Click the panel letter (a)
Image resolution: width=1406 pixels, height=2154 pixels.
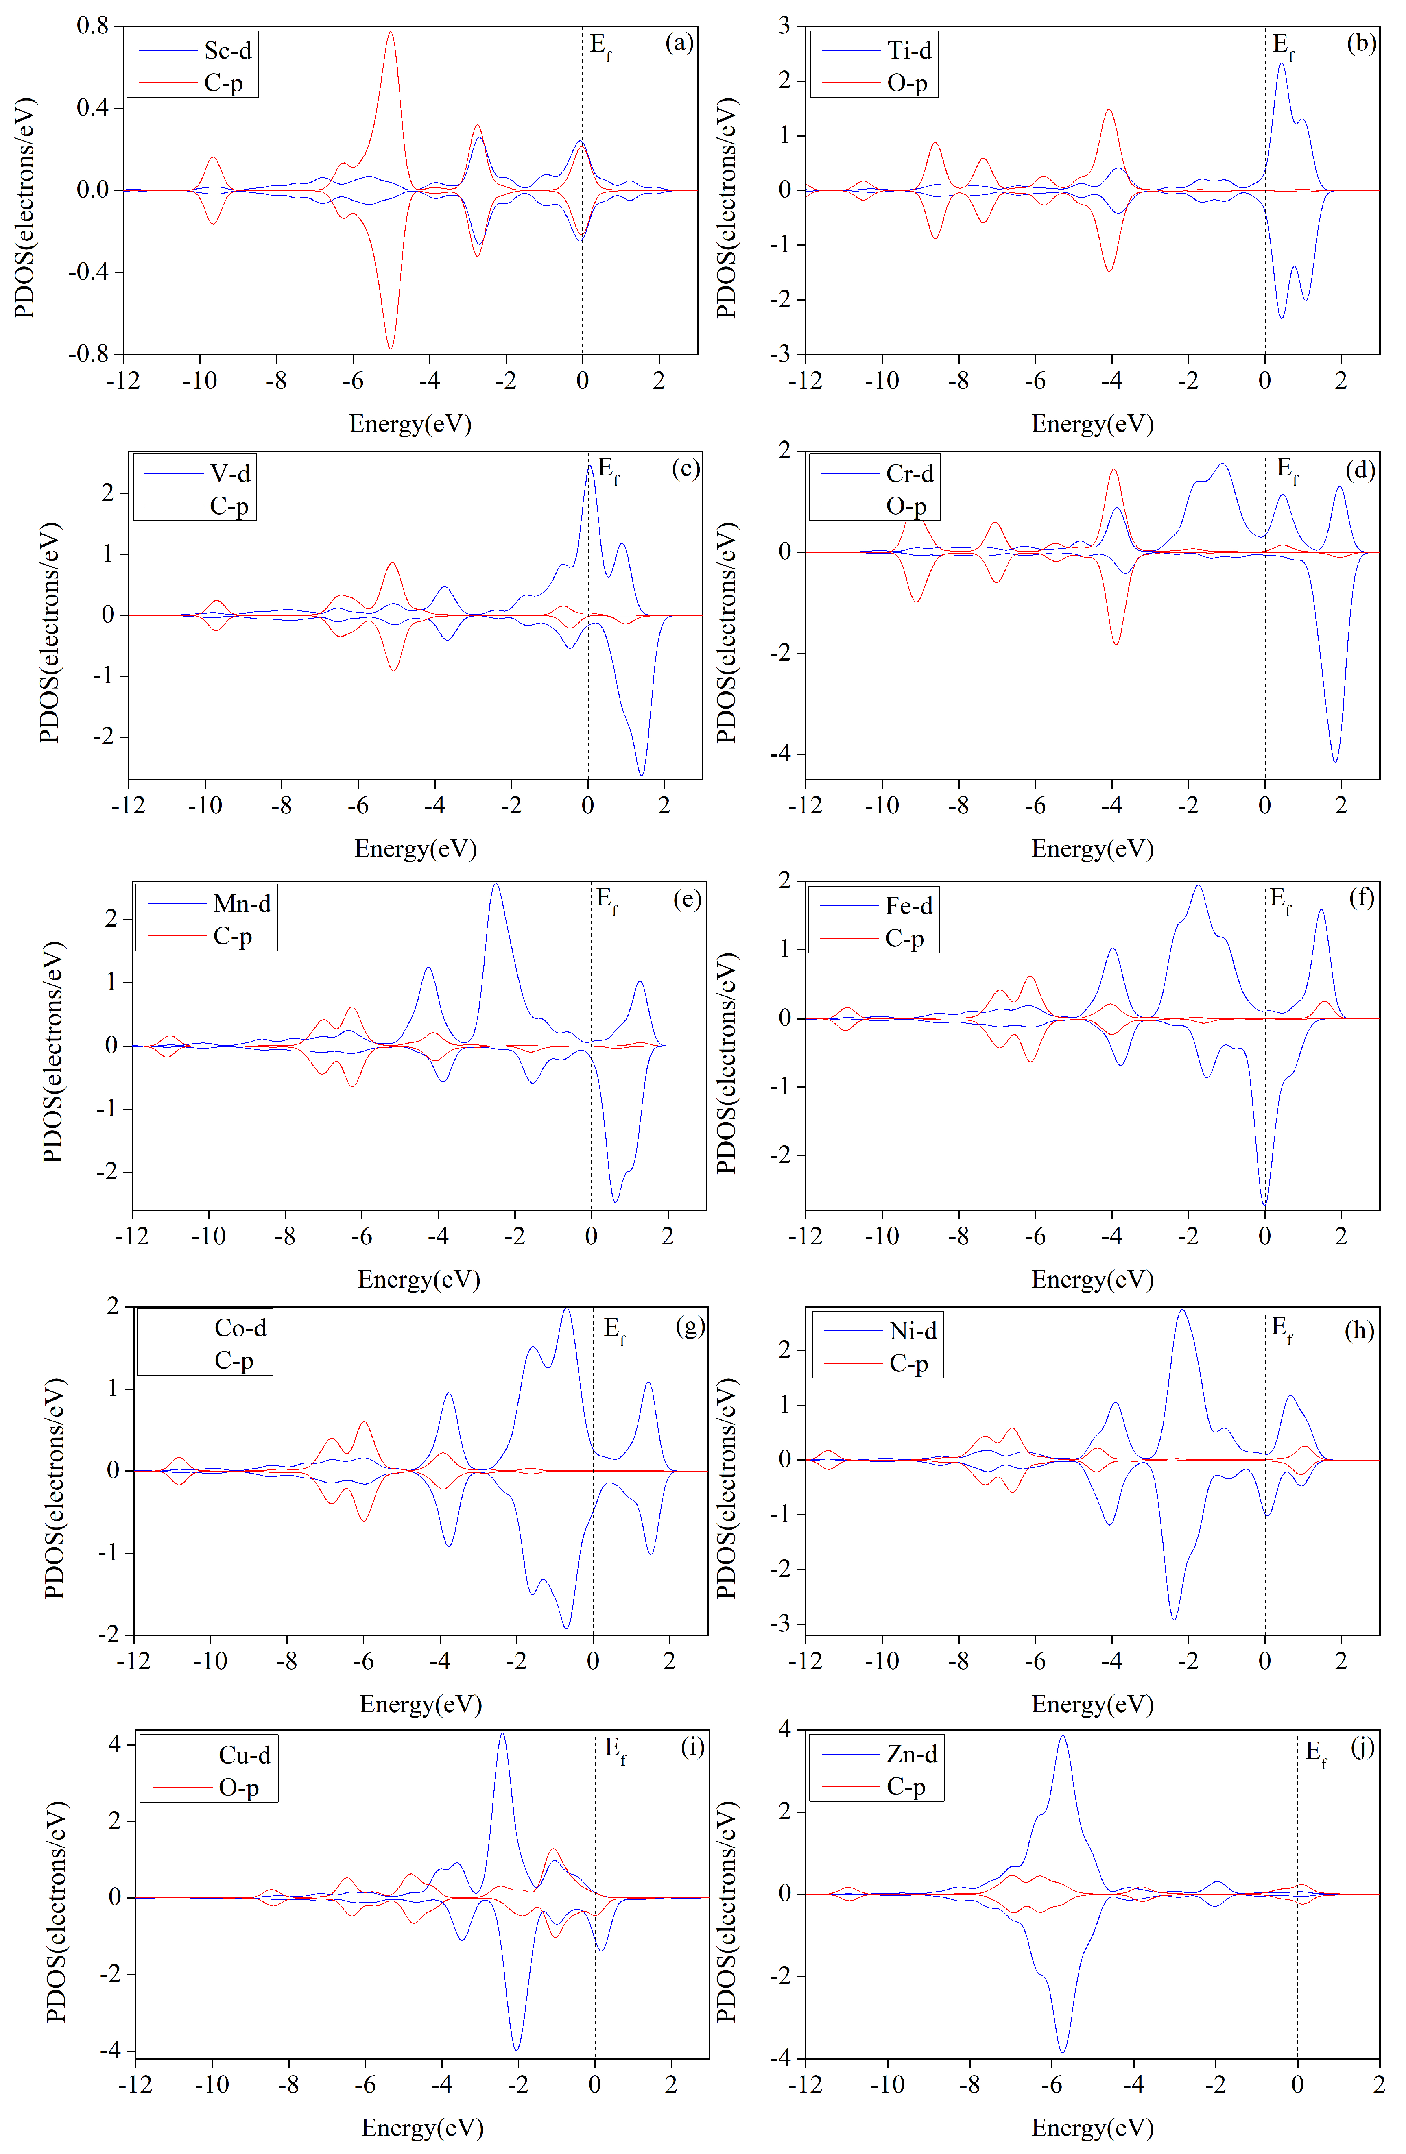tap(679, 43)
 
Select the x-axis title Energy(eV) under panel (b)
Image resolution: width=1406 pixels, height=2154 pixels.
tap(1092, 423)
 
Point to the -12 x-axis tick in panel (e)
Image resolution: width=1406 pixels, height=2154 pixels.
tap(132, 1236)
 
